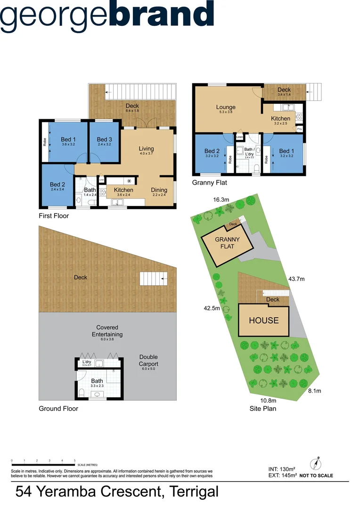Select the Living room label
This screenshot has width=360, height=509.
(x=146, y=149)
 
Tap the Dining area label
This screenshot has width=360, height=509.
(x=159, y=190)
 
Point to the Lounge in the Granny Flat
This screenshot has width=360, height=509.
(x=226, y=107)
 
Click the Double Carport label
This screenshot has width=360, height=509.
(x=148, y=361)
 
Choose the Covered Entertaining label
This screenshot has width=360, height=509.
(x=107, y=331)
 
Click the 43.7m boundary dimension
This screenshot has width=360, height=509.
(x=296, y=279)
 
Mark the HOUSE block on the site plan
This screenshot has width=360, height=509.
(x=263, y=320)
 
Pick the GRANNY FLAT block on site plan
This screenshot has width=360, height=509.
(x=227, y=243)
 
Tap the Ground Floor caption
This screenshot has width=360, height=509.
(x=58, y=409)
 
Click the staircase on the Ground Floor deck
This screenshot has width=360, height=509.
(x=154, y=279)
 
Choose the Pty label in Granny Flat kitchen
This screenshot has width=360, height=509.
(x=300, y=129)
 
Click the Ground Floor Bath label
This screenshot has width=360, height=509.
(x=97, y=381)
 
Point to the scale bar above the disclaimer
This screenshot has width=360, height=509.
(x=43, y=465)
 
